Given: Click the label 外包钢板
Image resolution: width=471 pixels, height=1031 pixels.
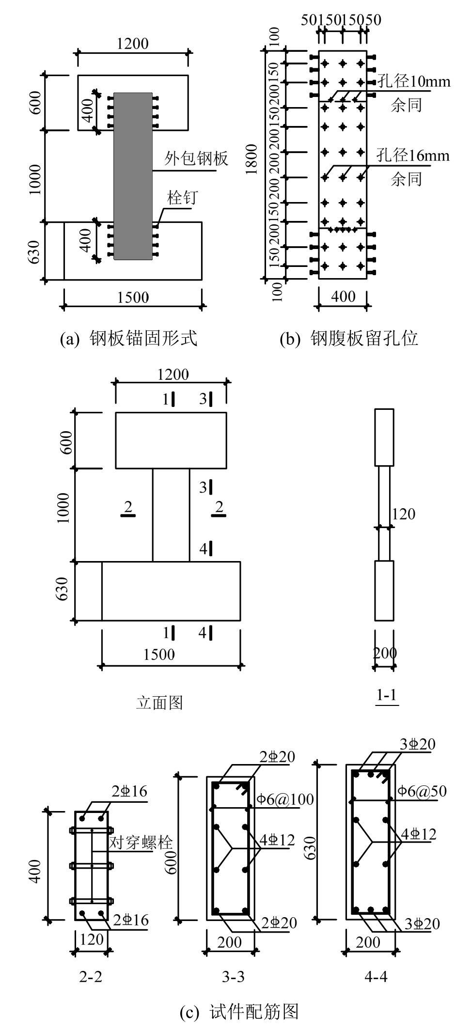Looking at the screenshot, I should pyautogui.click(x=196, y=159).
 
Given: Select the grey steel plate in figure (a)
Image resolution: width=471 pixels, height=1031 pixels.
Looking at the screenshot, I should pyautogui.click(x=133, y=176).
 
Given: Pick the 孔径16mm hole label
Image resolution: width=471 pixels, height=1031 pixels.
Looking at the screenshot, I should pyautogui.click(x=414, y=156).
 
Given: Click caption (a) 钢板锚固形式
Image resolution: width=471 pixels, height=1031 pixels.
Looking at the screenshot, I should pyautogui.click(x=128, y=338).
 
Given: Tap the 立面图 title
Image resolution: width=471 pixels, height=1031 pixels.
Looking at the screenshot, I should pyautogui.click(x=159, y=702).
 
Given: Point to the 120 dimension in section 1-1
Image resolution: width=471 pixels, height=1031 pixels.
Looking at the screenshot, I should pyautogui.click(x=404, y=514).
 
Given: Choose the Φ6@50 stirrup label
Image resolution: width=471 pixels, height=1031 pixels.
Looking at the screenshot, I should pyautogui.click(x=422, y=791).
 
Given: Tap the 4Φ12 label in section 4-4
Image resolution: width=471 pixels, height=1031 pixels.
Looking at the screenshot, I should pyautogui.click(x=418, y=834).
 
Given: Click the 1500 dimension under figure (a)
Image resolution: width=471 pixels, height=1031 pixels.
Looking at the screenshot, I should pyautogui.click(x=133, y=297).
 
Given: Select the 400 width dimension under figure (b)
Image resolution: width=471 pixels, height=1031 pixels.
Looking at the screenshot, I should pyautogui.click(x=344, y=296).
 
